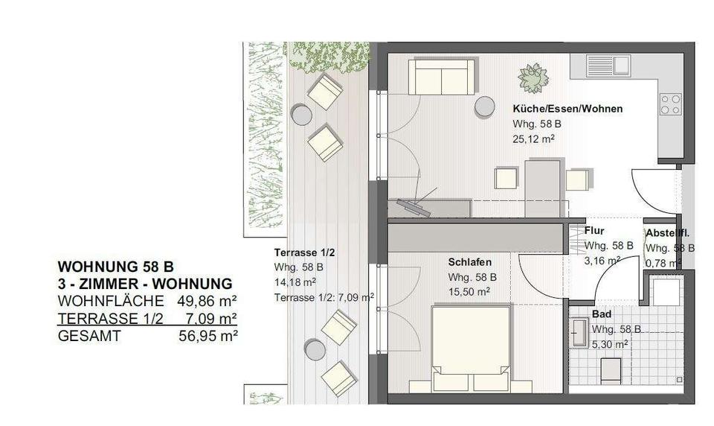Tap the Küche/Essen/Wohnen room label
tap(567, 109)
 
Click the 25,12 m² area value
tap(534, 139)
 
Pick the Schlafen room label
tap(469, 263)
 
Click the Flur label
tap(594, 231)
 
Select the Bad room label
tap(601, 315)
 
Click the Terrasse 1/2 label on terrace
tap(299, 252)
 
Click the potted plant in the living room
tap(533, 77)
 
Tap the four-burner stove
tap(671, 104)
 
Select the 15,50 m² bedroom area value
tap(468, 291)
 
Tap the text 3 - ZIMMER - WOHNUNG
tap(145, 284)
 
